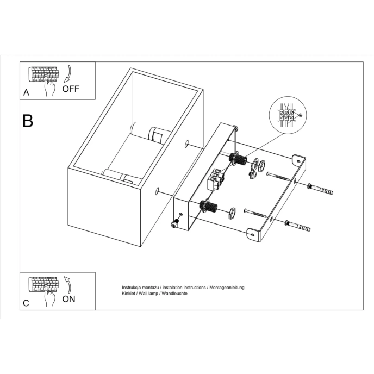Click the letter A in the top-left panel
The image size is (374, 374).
26,92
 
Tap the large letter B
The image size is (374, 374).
28,121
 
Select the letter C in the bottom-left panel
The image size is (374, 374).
26,303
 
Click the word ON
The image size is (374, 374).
69,298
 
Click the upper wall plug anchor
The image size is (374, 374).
319,189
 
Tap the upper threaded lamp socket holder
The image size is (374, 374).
239,159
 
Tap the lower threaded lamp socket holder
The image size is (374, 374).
209,207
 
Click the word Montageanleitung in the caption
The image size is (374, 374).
226,287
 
